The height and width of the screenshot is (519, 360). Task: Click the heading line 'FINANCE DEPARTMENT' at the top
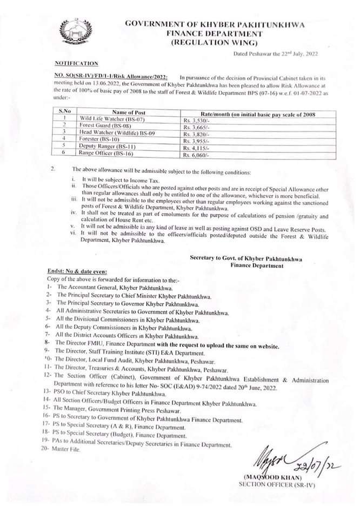click(x=215, y=34)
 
